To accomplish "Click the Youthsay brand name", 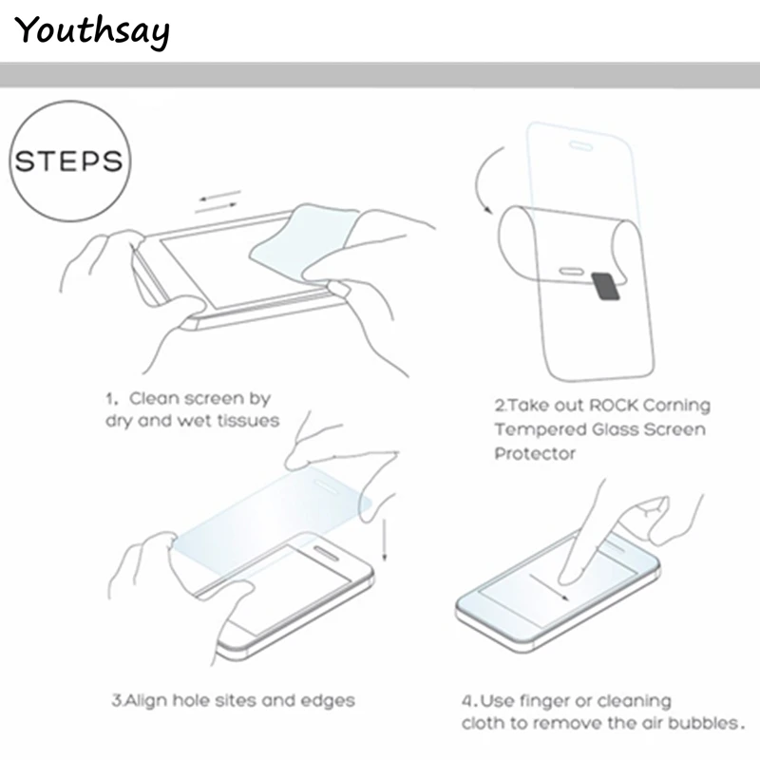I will tap(92, 30).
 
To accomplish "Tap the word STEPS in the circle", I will tap(69, 160).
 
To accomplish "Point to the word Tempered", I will tap(536, 430).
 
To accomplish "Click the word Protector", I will tap(534, 454).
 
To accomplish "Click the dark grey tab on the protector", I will tap(604, 284).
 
